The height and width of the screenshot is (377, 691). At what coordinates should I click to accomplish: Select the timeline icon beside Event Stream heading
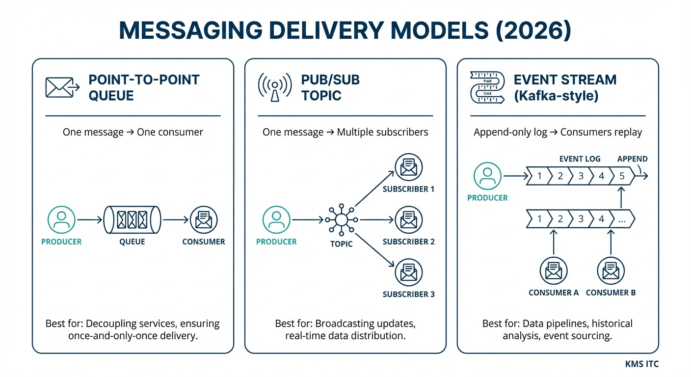pos(486,87)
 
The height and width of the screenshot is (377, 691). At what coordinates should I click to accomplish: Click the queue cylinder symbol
pos(132,220)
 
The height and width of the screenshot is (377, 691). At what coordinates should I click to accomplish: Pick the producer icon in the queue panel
pos(61,220)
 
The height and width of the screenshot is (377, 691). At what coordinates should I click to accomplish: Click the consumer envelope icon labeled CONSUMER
pos(203,220)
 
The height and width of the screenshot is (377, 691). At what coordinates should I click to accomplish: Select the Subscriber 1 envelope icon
pos(408,167)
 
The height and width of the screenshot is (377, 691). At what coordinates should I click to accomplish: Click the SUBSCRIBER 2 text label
pos(408,242)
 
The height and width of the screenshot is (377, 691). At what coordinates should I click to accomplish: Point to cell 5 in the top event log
pos(622,176)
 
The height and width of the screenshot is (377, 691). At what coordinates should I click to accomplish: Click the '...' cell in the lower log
pos(622,219)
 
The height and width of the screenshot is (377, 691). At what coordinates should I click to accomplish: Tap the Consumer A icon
pos(554,270)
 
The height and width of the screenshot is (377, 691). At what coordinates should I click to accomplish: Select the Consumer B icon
pos(611,270)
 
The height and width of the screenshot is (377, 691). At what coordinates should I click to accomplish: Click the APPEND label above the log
pos(632,159)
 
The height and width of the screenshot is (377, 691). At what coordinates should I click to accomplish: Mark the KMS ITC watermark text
pos(642,364)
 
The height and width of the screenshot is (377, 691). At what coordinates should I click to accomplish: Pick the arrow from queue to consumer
pos(175,220)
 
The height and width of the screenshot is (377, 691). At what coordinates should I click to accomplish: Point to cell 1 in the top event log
pos(539,176)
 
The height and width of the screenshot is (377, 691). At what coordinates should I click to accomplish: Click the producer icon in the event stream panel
pos(487,176)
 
